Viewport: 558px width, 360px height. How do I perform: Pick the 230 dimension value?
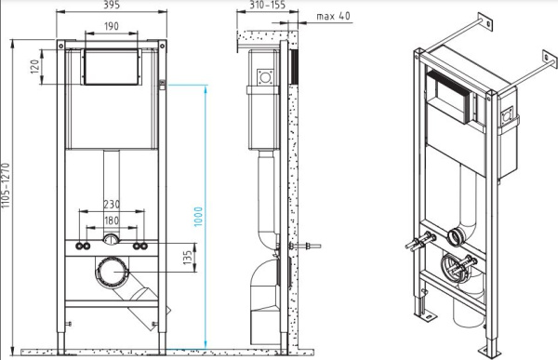111,206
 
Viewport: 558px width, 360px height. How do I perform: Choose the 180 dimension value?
111,220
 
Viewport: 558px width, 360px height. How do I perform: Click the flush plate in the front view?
110,68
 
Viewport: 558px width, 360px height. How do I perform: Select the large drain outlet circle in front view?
113,273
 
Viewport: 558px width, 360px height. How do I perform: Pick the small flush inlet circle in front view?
111,241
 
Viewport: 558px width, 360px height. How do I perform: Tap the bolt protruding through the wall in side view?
310,246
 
